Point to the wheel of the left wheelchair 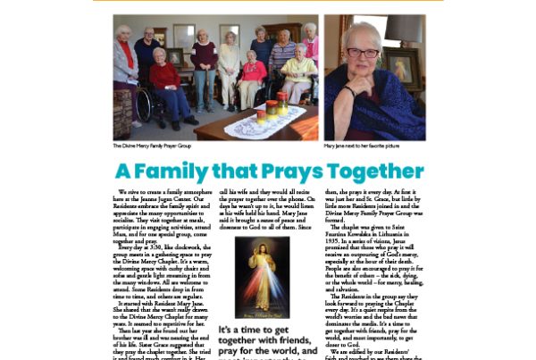[x=143, y=106]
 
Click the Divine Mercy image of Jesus [x=261, y=279]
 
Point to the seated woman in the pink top [x=251, y=82]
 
